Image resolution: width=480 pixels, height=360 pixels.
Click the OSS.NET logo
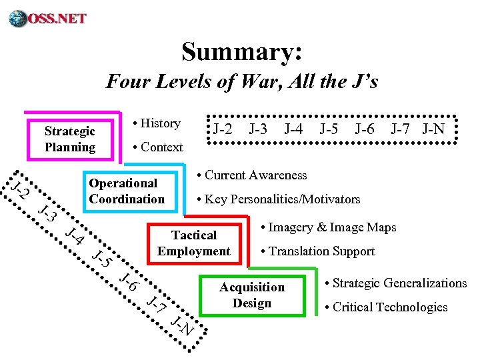[48, 17]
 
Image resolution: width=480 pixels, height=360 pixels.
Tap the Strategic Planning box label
[69, 139]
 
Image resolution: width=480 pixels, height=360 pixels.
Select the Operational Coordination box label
[126, 191]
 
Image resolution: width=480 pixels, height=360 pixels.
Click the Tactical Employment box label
[193, 243]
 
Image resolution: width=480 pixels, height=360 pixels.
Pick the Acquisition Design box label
[252, 295]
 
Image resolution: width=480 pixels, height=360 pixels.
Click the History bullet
[157, 123]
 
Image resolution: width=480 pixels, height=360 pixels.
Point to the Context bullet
[158, 147]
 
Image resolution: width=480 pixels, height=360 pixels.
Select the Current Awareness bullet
[253, 175]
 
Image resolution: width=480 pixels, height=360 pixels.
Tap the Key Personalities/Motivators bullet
[279, 199]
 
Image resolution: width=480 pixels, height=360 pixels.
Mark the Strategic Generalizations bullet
[395, 283]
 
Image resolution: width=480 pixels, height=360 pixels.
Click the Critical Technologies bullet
[386, 307]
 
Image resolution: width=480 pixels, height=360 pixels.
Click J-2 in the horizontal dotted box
[223, 129]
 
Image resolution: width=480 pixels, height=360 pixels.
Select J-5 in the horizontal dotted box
[329, 129]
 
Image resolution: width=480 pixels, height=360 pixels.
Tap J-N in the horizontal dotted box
[433, 129]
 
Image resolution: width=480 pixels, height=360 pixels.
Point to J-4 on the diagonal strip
[74, 237]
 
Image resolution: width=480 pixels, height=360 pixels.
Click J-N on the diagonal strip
[181, 326]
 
